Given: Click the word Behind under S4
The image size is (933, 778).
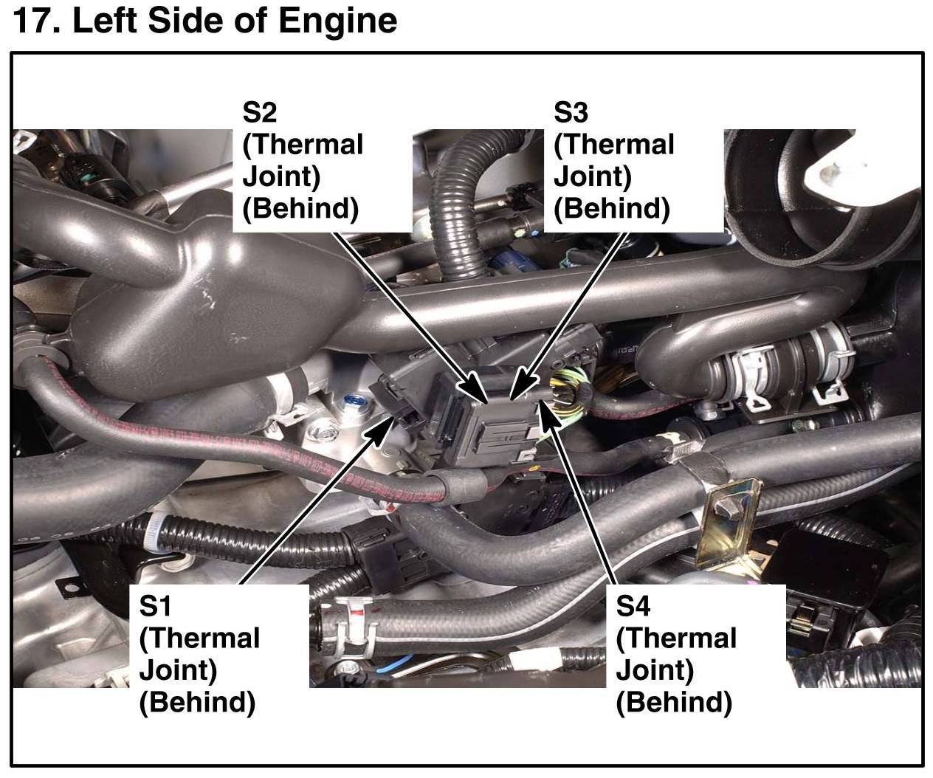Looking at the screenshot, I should tap(673, 701).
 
